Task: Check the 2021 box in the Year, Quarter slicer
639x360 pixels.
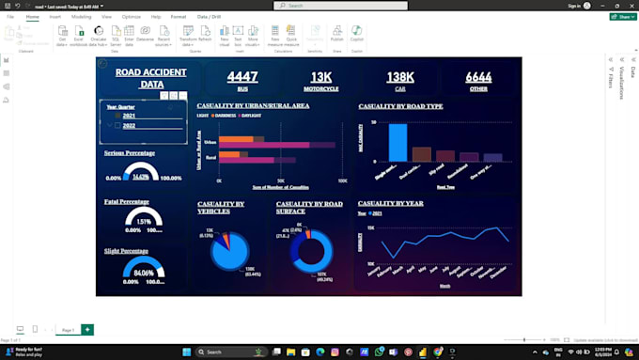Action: tap(117, 116)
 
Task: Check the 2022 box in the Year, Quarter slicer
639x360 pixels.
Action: tap(117, 125)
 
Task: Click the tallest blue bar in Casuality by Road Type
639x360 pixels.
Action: tap(398, 142)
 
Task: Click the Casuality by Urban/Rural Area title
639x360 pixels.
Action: tap(253, 106)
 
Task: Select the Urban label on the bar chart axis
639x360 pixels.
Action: tap(210, 142)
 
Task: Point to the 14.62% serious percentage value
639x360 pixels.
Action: tap(141, 177)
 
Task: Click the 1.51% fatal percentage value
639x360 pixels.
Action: tap(144, 222)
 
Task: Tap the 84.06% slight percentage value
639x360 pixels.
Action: tap(144, 274)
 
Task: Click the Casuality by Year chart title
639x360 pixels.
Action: tap(390, 203)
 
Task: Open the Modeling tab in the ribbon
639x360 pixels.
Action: tap(82, 17)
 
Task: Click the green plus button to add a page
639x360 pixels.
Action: tap(87, 329)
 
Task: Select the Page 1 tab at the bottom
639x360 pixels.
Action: tap(67, 330)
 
